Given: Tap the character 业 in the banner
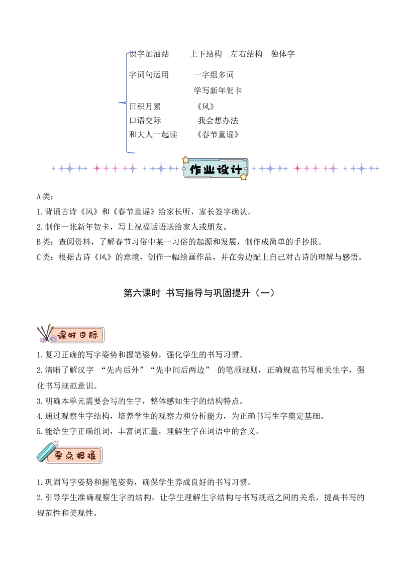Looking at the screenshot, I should pos(210,170).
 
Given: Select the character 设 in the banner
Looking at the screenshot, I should pos(223,170).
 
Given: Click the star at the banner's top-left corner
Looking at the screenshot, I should pos(185,159).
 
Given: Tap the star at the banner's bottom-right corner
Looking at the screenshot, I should pos(244,177).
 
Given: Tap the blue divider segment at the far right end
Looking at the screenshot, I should pos(363,169).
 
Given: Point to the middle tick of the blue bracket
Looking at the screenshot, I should pos(121,103).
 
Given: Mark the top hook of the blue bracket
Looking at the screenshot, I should pos(132,52).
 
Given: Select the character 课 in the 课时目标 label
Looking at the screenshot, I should pos(63,336).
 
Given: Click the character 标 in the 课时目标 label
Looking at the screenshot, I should pos(92,336).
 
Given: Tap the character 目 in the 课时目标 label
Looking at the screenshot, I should pos(83,336).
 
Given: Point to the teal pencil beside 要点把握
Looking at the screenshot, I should pos(47,451).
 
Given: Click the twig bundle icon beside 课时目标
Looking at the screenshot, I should pos(45,333).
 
